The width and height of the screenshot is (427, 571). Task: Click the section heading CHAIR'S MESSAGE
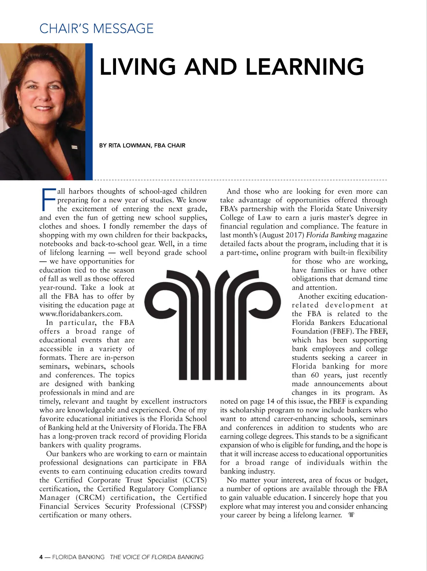coord(96,28)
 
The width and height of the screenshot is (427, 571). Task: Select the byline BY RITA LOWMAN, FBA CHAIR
coord(142,145)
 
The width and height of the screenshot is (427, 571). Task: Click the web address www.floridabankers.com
coord(81,314)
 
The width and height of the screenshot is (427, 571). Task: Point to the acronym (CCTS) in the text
coord(195,480)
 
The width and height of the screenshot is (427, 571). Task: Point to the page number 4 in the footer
coord(41,557)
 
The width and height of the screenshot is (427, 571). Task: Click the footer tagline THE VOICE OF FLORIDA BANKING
coord(157,557)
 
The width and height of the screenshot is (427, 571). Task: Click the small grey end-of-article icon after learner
coord(351,515)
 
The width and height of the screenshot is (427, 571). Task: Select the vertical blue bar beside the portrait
coord(89,112)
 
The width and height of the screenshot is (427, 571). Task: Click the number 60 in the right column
coord(315,375)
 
